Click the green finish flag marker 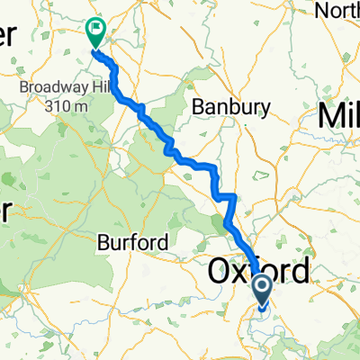coord(94,33)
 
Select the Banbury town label coord(232,107)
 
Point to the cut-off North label coord(341,10)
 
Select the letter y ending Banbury coord(265,109)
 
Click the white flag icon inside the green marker coord(94,29)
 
